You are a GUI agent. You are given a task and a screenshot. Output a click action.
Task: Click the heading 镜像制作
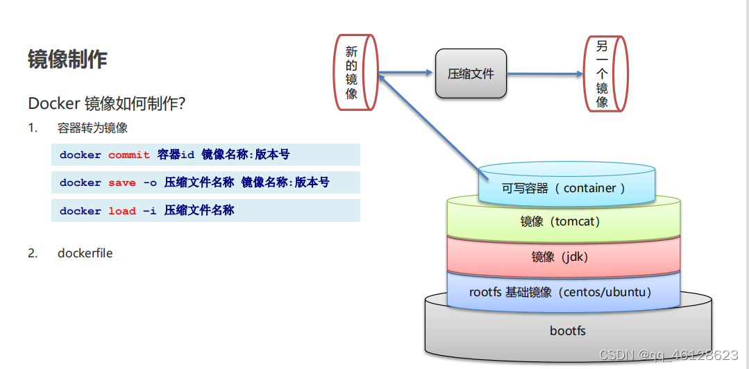67,60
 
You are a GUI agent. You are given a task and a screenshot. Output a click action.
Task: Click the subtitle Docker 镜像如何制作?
106,103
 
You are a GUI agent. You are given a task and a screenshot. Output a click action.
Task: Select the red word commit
128,155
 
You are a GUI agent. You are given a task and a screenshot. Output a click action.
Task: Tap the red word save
121,182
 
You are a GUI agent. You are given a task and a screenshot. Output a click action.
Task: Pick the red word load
121,211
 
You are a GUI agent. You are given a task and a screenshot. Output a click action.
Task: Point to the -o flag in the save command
150,182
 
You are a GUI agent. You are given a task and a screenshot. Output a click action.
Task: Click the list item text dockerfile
85,253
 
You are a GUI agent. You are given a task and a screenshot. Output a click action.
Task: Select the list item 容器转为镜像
92,128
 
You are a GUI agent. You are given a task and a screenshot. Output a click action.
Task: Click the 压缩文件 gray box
471,74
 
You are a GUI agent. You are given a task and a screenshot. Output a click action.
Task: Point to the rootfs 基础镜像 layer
560,292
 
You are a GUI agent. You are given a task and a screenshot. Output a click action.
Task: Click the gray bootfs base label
567,331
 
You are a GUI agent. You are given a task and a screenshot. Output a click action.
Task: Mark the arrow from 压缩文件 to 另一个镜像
545,74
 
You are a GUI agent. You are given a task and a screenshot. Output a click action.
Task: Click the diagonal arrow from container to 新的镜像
430,121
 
